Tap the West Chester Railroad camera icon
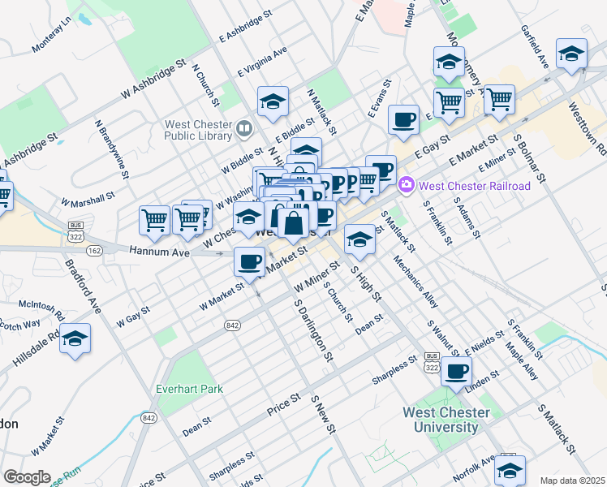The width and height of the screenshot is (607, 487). (x=406, y=186)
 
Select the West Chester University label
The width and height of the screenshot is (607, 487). (x=446, y=420)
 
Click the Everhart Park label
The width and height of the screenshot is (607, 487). (x=189, y=389)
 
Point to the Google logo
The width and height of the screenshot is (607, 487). (x=27, y=477)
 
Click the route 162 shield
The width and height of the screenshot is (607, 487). (x=95, y=252)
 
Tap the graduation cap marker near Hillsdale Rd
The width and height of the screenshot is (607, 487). (x=75, y=339)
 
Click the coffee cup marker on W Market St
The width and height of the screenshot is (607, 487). (x=248, y=261)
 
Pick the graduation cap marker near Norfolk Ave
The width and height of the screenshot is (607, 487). (x=510, y=470)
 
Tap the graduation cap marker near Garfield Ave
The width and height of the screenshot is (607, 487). (x=571, y=54)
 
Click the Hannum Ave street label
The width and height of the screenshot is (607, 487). (x=159, y=253)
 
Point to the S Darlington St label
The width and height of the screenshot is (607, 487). (x=314, y=333)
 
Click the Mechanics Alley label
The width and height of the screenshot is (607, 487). (x=416, y=283)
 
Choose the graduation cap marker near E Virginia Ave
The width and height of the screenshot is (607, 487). (x=273, y=101)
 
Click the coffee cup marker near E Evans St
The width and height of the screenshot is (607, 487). (x=403, y=120)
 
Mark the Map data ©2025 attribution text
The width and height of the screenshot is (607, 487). (x=573, y=481)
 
